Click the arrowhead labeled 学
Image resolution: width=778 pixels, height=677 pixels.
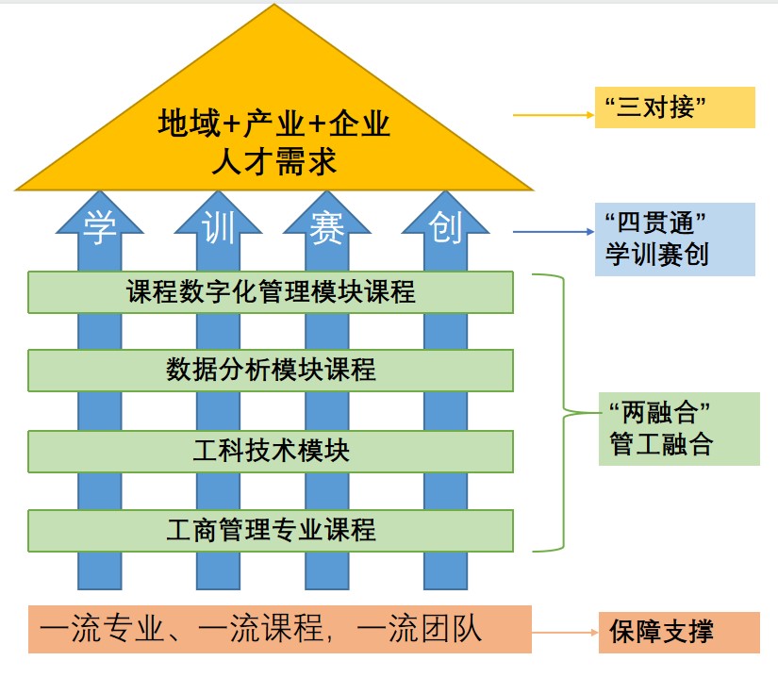click(x=99, y=226)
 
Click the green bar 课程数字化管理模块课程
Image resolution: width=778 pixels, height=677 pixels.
click(x=271, y=292)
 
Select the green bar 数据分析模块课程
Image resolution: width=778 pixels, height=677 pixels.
click(x=271, y=370)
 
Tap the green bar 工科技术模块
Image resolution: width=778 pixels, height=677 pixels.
click(x=271, y=452)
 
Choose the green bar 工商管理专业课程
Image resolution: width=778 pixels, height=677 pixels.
click(x=271, y=530)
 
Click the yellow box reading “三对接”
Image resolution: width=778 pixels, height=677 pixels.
click(x=674, y=107)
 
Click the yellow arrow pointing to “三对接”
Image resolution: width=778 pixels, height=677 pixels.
click(x=553, y=116)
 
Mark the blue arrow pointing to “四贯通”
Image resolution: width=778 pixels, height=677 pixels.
click(x=553, y=231)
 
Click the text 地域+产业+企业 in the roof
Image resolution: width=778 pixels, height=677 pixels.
click(x=273, y=124)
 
